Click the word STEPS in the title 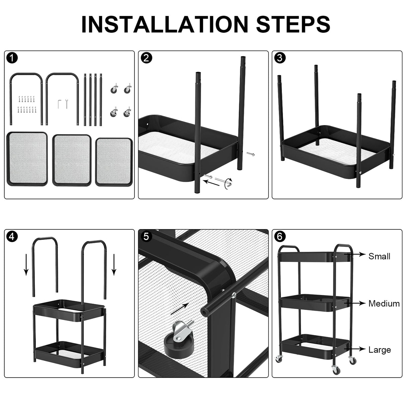click(x=293, y=24)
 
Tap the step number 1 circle click(x=12, y=58)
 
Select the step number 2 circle click(x=146, y=58)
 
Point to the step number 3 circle click(x=280, y=58)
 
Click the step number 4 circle click(x=12, y=237)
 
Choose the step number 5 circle click(x=146, y=237)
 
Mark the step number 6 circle click(x=280, y=237)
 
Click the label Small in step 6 click(x=379, y=257)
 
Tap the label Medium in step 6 click(x=384, y=304)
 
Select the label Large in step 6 click(x=380, y=350)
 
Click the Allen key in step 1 click(x=60, y=103)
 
